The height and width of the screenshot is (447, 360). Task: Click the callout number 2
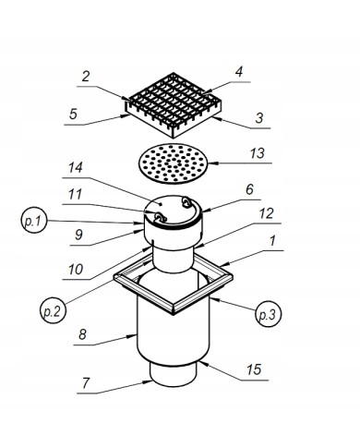(86, 76)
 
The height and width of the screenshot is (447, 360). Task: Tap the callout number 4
(239, 71)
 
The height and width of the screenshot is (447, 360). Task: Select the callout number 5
(73, 114)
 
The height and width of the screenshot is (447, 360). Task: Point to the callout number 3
(259, 118)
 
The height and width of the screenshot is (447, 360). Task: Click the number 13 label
(257, 153)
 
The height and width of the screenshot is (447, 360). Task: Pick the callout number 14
(76, 168)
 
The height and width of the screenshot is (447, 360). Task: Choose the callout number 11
(75, 194)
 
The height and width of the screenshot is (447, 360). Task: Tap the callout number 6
(249, 189)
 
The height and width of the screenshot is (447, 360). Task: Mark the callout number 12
(266, 213)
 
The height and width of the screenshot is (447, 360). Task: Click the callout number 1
(271, 241)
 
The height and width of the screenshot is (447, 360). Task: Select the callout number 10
(76, 270)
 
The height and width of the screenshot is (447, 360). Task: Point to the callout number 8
(82, 334)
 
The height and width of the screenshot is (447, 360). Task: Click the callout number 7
(86, 383)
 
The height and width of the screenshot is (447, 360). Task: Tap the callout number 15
(254, 369)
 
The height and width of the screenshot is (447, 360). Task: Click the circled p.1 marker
(34, 221)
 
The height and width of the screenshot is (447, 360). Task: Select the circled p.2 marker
(53, 310)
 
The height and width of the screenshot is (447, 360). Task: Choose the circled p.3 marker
(268, 314)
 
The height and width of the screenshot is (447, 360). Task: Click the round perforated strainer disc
(174, 163)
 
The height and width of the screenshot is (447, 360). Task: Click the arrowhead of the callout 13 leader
(212, 163)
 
